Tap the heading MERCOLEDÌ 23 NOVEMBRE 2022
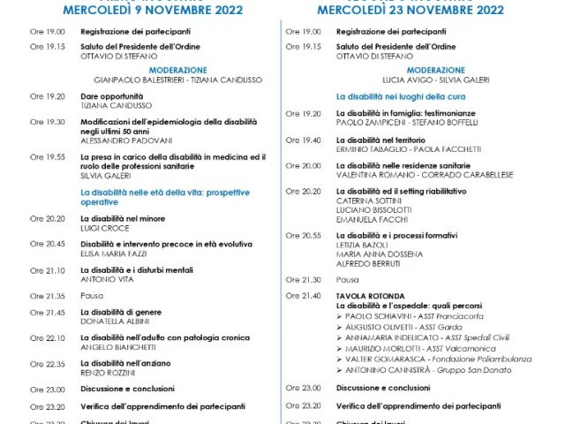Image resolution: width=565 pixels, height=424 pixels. [415, 11]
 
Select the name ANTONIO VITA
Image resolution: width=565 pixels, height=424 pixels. [105, 278]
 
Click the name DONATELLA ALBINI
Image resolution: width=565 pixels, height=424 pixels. [112, 321]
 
